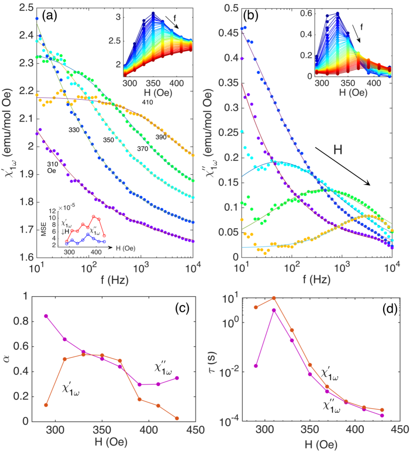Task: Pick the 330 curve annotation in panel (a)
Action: [75, 130]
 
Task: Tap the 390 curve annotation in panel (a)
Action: [161, 137]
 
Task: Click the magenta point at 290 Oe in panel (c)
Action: [46, 316]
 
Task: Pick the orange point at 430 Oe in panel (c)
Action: [177, 418]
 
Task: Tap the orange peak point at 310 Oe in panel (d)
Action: [274, 298]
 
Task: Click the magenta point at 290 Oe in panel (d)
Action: [255, 366]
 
